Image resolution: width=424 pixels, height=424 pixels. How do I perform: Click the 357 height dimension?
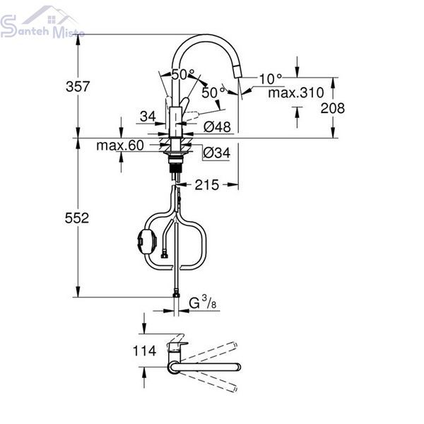coord(78,86)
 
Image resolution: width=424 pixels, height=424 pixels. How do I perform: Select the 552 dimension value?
coord(77,218)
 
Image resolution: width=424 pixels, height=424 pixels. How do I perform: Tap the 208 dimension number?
coord(333,108)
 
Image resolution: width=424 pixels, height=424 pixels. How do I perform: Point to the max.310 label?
coord(296,93)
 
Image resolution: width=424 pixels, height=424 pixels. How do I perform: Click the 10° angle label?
coord(271,78)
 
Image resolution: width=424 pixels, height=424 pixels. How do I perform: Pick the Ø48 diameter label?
coord(217,126)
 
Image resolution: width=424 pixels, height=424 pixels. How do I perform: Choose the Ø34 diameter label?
coord(217,153)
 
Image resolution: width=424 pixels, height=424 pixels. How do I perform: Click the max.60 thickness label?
coord(120,146)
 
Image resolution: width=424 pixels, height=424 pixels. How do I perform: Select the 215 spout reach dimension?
coord(207,185)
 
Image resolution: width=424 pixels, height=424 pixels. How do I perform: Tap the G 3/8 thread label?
coord(203,303)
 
